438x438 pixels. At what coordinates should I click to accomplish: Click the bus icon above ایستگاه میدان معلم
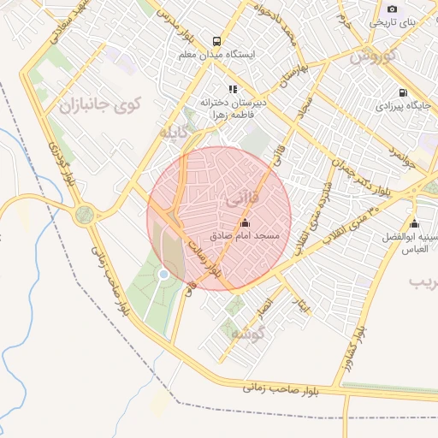pos(216,40)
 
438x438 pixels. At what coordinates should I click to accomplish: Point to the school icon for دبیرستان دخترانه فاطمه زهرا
pos(232,88)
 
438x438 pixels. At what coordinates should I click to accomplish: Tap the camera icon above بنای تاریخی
pos(392,9)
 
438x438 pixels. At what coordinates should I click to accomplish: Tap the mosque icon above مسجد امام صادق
pos(245,222)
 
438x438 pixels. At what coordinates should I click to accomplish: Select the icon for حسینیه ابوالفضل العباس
pos(414,223)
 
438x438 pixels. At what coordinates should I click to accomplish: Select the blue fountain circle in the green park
pos(163,274)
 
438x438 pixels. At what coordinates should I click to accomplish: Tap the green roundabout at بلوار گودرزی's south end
pos(84,214)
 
